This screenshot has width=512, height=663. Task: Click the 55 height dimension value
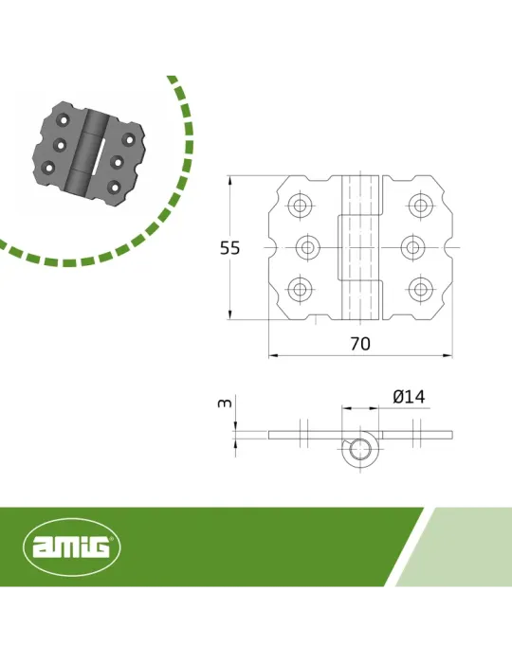click(229, 248)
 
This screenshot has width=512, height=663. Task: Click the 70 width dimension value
click(360, 344)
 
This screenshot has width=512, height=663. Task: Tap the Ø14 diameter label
click(409, 397)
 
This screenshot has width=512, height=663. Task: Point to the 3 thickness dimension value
click(225, 403)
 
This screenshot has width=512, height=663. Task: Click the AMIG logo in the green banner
click(71, 546)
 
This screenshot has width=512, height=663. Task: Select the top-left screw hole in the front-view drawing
click(300, 206)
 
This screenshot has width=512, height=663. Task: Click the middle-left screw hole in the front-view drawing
click(307, 247)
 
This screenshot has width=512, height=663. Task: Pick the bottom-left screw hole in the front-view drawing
click(300, 289)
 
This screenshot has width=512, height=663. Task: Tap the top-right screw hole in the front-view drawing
click(420, 206)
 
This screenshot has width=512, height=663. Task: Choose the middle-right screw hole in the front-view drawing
click(412, 247)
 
